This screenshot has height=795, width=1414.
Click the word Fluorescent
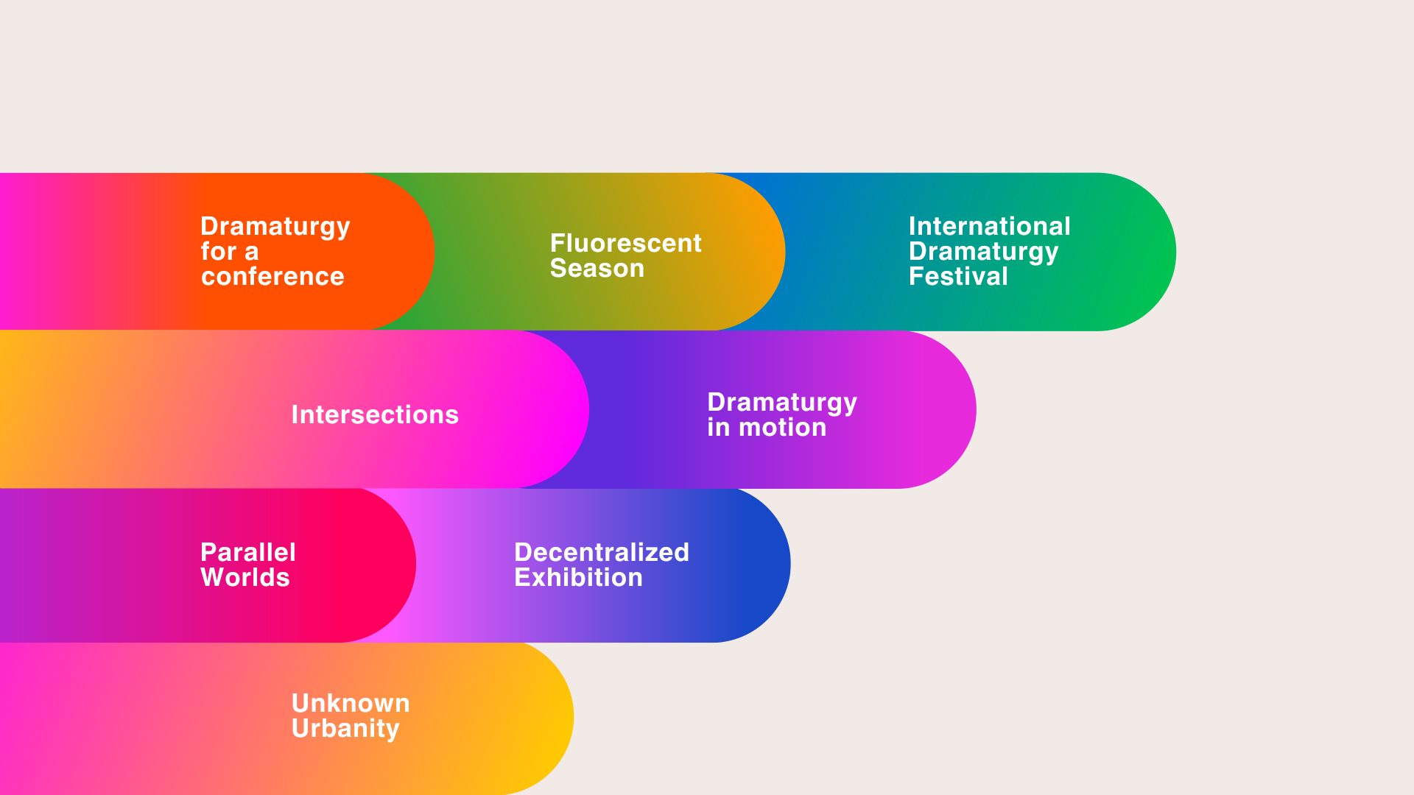625,243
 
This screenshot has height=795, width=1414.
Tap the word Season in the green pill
597,268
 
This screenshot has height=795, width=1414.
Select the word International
989,226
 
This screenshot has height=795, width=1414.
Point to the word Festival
958,276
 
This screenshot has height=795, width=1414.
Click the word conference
272,277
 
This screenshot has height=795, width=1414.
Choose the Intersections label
375,414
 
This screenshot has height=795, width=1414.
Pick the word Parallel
248,552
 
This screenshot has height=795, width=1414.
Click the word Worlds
245,577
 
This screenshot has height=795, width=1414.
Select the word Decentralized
602,552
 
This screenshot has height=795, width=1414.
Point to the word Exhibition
578,577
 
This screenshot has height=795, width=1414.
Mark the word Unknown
351,703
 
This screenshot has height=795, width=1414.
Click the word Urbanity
345,729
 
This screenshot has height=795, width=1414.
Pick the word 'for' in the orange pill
219,251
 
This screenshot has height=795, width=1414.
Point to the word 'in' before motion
719,427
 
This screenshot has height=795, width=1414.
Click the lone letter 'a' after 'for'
252,253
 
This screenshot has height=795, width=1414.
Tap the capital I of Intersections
295,414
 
